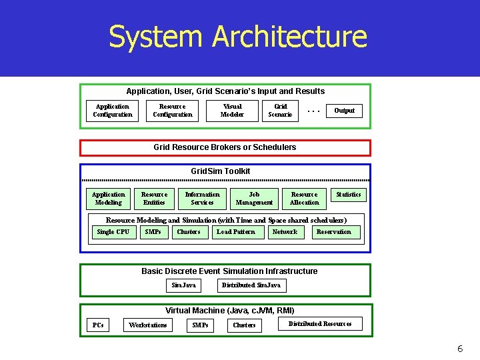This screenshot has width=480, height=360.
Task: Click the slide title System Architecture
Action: [x=238, y=37]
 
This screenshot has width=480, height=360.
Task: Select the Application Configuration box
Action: [x=113, y=111]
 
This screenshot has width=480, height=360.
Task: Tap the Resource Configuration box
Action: [x=173, y=111]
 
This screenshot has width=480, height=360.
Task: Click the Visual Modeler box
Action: [x=233, y=111]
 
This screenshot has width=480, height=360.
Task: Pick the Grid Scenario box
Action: [x=281, y=111]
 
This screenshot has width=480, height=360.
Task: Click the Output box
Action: [x=344, y=111]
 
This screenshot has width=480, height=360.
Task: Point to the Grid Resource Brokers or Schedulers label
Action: [x=225, y=147]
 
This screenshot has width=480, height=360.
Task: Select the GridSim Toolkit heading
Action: [x=221, y=171]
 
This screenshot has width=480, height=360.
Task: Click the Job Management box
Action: [x=254, y=199]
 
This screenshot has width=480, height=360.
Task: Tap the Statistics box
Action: [x=348, y=195]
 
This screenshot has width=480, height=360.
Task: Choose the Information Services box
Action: [x=202, y=199]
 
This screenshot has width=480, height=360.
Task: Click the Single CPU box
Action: [x=113, y=232]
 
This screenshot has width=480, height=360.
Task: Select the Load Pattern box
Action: [x=236, y=232]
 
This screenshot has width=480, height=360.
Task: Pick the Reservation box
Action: [x=334, y=232]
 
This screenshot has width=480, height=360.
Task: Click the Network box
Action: [x=285, y=232]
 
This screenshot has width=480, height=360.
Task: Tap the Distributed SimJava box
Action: [x=251, y=285]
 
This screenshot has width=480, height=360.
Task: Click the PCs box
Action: [x=98, y=325]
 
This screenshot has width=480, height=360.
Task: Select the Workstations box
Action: [x=148, y=325]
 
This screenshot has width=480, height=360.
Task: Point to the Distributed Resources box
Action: [x=320, y=324]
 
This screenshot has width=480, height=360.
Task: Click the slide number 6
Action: [x=460, y=349]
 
